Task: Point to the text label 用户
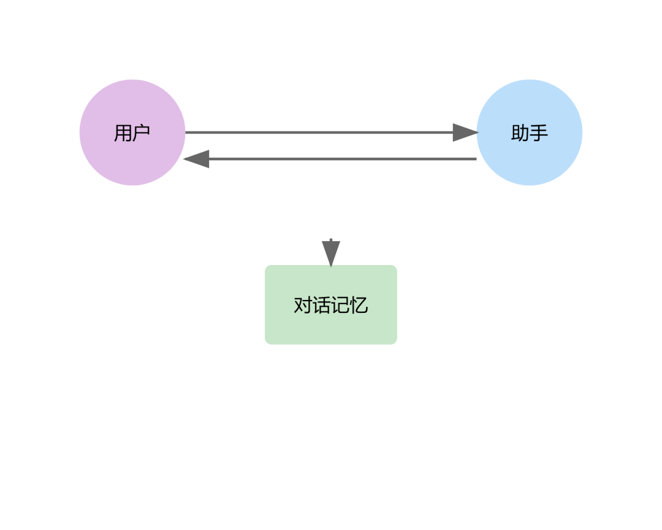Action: click(132, 132)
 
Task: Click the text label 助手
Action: click(530, 132)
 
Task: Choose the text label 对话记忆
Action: click(331, 305)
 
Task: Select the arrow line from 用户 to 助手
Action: click(319, 132)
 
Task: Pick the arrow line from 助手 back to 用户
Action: click(343, 159)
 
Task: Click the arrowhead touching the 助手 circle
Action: click(465, 132)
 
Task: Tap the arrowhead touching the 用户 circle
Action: click(197, 159)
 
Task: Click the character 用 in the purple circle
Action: click(123, 132)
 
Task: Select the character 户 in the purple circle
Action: click(142, 132)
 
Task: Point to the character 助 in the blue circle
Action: click(520, 132)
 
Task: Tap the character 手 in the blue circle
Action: click(539, 132)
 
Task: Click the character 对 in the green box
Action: click(303, 305)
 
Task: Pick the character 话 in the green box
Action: click(322, 305)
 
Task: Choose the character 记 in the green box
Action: click(340, 305)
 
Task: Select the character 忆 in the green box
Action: click(359, 305)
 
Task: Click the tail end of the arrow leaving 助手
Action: click(474, 159)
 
